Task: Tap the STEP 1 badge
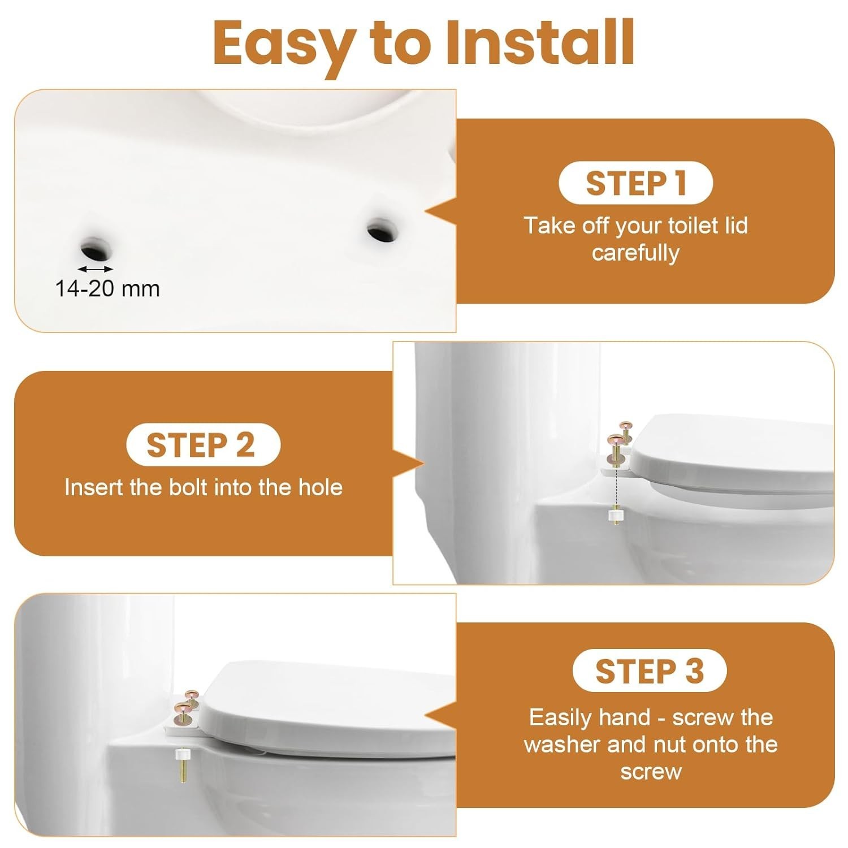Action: [635, 183]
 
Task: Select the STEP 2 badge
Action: [203, 445]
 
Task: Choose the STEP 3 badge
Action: [649, 671]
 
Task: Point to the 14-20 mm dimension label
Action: [107, 289]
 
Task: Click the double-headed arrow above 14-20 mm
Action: [96, 269]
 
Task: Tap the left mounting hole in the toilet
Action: [97, 246]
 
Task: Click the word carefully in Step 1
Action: [635, 253]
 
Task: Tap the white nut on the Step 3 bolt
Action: [182, 755]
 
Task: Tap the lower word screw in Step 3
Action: [651, 772]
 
